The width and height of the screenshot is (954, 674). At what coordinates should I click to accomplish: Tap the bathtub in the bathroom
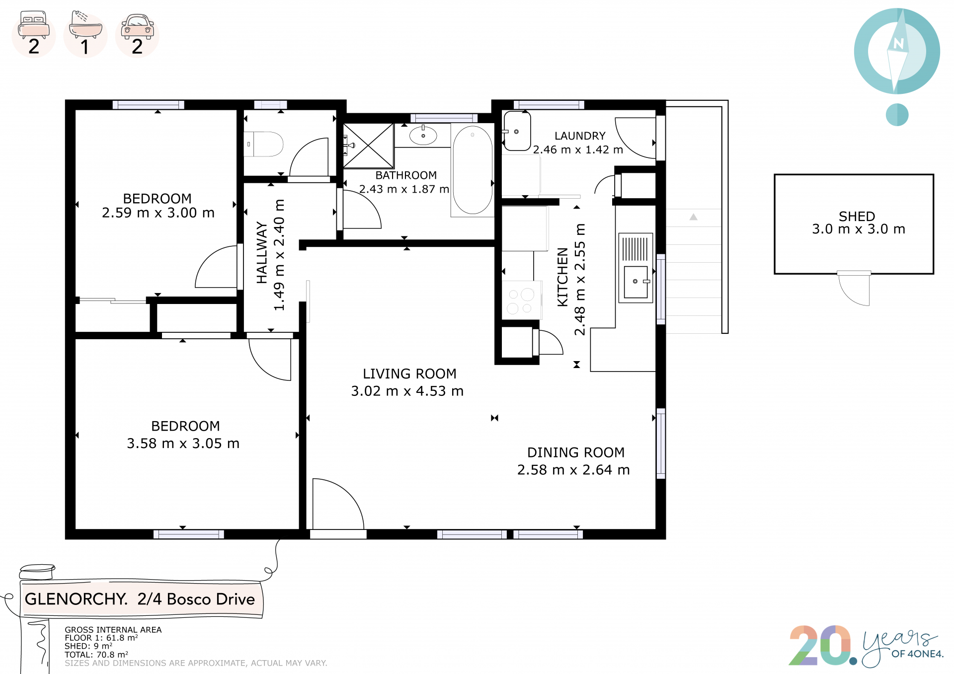473,170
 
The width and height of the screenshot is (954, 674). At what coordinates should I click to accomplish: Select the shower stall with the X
368,146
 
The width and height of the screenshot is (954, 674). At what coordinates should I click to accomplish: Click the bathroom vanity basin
423,135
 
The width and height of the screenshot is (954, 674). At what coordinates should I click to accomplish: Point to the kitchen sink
636,282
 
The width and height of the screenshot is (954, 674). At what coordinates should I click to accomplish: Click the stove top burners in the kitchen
521,301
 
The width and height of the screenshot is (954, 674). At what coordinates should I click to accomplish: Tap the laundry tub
517,131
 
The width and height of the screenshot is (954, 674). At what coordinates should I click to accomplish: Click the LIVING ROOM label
409,374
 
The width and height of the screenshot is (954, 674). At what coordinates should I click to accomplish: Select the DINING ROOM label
576,452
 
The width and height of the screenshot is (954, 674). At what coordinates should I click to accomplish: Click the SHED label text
857,217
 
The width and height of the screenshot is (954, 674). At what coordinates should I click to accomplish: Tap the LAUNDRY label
580,136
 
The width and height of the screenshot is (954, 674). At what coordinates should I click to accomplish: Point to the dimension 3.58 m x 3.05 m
183,443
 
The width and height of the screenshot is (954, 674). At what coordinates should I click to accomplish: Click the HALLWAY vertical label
261,253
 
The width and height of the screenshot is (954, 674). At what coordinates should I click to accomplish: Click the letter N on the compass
898,43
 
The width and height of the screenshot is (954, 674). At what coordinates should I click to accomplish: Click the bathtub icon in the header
85,24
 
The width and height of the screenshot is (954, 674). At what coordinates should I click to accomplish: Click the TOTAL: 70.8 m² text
96,655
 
